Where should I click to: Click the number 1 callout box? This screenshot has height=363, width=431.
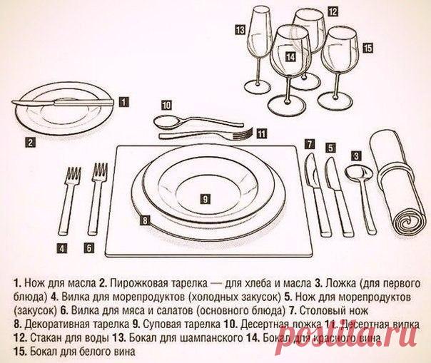[x=123, y=101]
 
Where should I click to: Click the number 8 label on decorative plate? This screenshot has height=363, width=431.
[x=144, y=221]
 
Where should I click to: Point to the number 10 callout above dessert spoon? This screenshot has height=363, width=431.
[x=166, y=105]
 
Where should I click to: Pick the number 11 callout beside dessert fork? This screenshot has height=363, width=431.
[x=262, y=133]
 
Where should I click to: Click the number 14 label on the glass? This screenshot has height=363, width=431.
[x=289, y=55]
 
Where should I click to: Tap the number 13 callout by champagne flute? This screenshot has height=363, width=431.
[x=240, y=30]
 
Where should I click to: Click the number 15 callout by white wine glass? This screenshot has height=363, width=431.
[x=367, y=48]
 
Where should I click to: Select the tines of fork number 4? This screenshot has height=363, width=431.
[x=73, y=176]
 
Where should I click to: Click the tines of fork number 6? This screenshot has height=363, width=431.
[x=99, y=175]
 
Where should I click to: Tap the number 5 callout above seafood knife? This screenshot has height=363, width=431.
[x=331, y=148]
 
